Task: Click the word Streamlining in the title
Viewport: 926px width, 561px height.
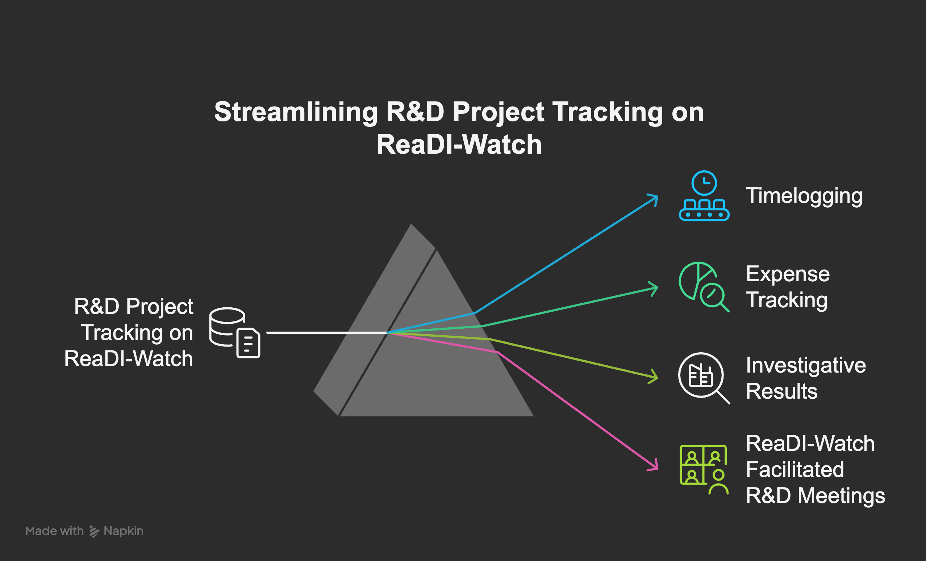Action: (296, 112)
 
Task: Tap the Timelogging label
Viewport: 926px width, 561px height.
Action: (804, 196)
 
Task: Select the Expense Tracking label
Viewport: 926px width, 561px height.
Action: (788, 287)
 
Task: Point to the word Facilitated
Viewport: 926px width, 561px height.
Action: (795, 469)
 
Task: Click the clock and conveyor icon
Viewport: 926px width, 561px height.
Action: (704, 196)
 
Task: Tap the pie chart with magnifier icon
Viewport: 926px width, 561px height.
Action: (704, 287)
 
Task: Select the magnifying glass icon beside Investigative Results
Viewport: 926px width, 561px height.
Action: (704, 378)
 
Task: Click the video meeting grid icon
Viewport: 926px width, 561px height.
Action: (704, 469)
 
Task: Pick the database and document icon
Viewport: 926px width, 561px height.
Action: (234, 333)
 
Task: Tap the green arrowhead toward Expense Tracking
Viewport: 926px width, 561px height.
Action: (654, 289)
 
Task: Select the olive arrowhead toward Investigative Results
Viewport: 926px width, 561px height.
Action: (654, 377)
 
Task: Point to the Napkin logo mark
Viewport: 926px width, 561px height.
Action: (94, 531)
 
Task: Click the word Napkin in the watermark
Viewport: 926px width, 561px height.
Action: (124, 531)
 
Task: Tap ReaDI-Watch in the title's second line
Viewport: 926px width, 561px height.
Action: (459, 145)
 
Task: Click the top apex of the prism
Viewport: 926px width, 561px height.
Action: (411, 224)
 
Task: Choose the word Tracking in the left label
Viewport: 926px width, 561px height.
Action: (121, 333)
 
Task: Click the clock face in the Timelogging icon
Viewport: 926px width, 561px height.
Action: (704, 183)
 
